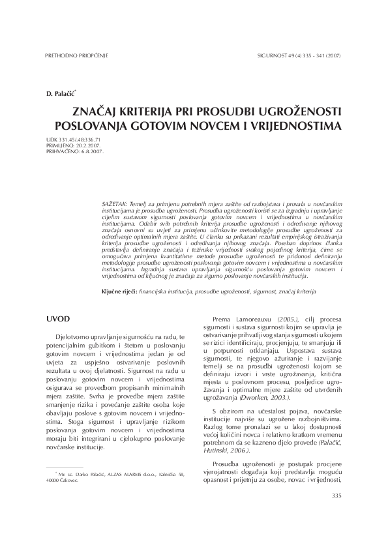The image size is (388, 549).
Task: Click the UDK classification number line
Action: click(x=74, y=140)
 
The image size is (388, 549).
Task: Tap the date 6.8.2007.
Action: click(x=91, y=151)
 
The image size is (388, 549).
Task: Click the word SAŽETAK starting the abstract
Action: click(x=115, y=204)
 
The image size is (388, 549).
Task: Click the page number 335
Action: click(x=336, y=496)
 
